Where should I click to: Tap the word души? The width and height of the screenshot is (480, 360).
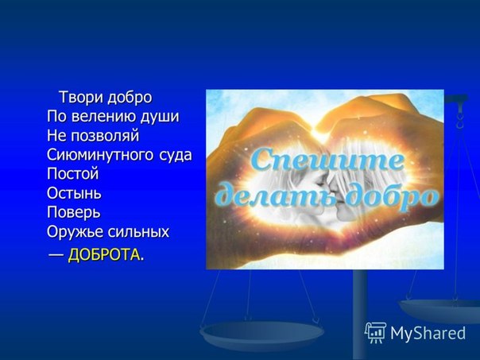coord(160,118)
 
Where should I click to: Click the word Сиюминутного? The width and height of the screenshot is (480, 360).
coord(100,155)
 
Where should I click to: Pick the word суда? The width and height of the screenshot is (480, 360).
coord(175,155)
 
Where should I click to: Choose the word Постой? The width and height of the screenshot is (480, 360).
coord(73,174)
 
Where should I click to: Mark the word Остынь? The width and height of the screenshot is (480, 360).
coord(74,193)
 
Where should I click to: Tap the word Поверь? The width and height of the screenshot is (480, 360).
coord(74,212)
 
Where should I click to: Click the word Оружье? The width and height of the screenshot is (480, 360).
coord(75,232)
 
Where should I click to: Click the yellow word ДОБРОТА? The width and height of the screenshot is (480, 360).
coord(104,254)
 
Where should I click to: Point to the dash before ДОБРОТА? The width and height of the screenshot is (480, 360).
coord(56,254)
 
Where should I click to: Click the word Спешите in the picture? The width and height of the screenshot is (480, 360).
coord(327,160)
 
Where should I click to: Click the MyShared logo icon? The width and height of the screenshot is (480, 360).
coord(376,332)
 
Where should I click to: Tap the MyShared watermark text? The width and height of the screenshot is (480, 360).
coord(428,333)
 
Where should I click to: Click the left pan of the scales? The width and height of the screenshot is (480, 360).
coord(261,333)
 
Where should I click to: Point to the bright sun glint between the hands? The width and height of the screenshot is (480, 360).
coord(319,132)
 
